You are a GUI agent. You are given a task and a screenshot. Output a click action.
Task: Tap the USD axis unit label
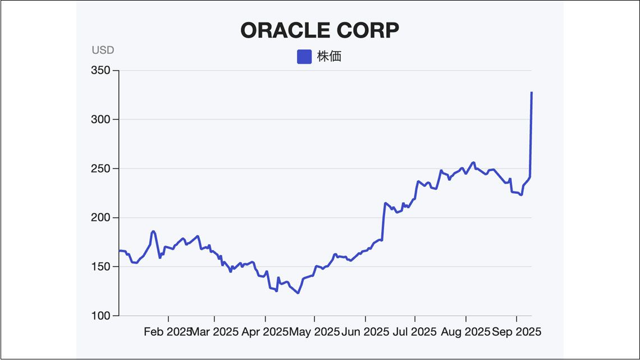coord(103,50)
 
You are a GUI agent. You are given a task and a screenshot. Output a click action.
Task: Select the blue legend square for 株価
coord(304,57)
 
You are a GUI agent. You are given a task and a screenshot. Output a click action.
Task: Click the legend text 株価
coord(329,57)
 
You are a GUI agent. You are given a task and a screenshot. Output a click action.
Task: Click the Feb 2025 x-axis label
coord(167,332)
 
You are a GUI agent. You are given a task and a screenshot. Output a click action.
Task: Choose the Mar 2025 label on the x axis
coord(214,332)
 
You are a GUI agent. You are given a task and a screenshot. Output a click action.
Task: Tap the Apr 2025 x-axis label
coord(264,332)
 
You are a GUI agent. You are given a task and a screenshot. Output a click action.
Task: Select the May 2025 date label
coord(314,332)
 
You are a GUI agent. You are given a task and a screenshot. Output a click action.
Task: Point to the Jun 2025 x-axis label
coord(365,332)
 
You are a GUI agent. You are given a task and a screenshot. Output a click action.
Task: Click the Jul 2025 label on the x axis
coord(415,332)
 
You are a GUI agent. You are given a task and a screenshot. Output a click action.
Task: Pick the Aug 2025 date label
coord(465,332)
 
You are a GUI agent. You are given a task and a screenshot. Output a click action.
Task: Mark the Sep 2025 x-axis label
coord(516,332)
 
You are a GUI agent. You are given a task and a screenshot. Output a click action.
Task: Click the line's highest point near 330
coord(532,93)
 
